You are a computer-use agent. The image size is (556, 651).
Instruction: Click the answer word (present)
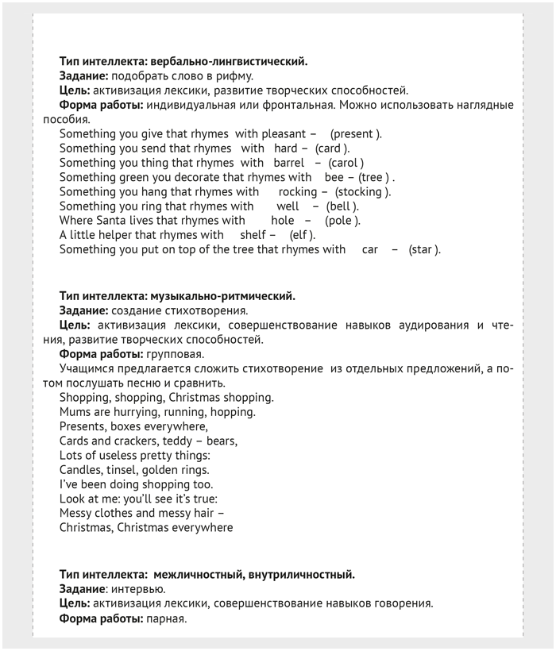tap(356, 134)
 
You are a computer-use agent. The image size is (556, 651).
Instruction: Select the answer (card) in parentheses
tap(332, 148)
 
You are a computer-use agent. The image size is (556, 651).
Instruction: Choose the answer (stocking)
tap(362, 191)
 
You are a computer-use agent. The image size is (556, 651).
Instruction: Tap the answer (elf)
tap(302, 235)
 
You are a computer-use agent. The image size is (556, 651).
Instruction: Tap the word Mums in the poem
tap(74, 412)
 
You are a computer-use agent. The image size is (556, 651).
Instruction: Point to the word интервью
tap(138, 588)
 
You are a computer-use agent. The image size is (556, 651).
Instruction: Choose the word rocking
tap(298, 191)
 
